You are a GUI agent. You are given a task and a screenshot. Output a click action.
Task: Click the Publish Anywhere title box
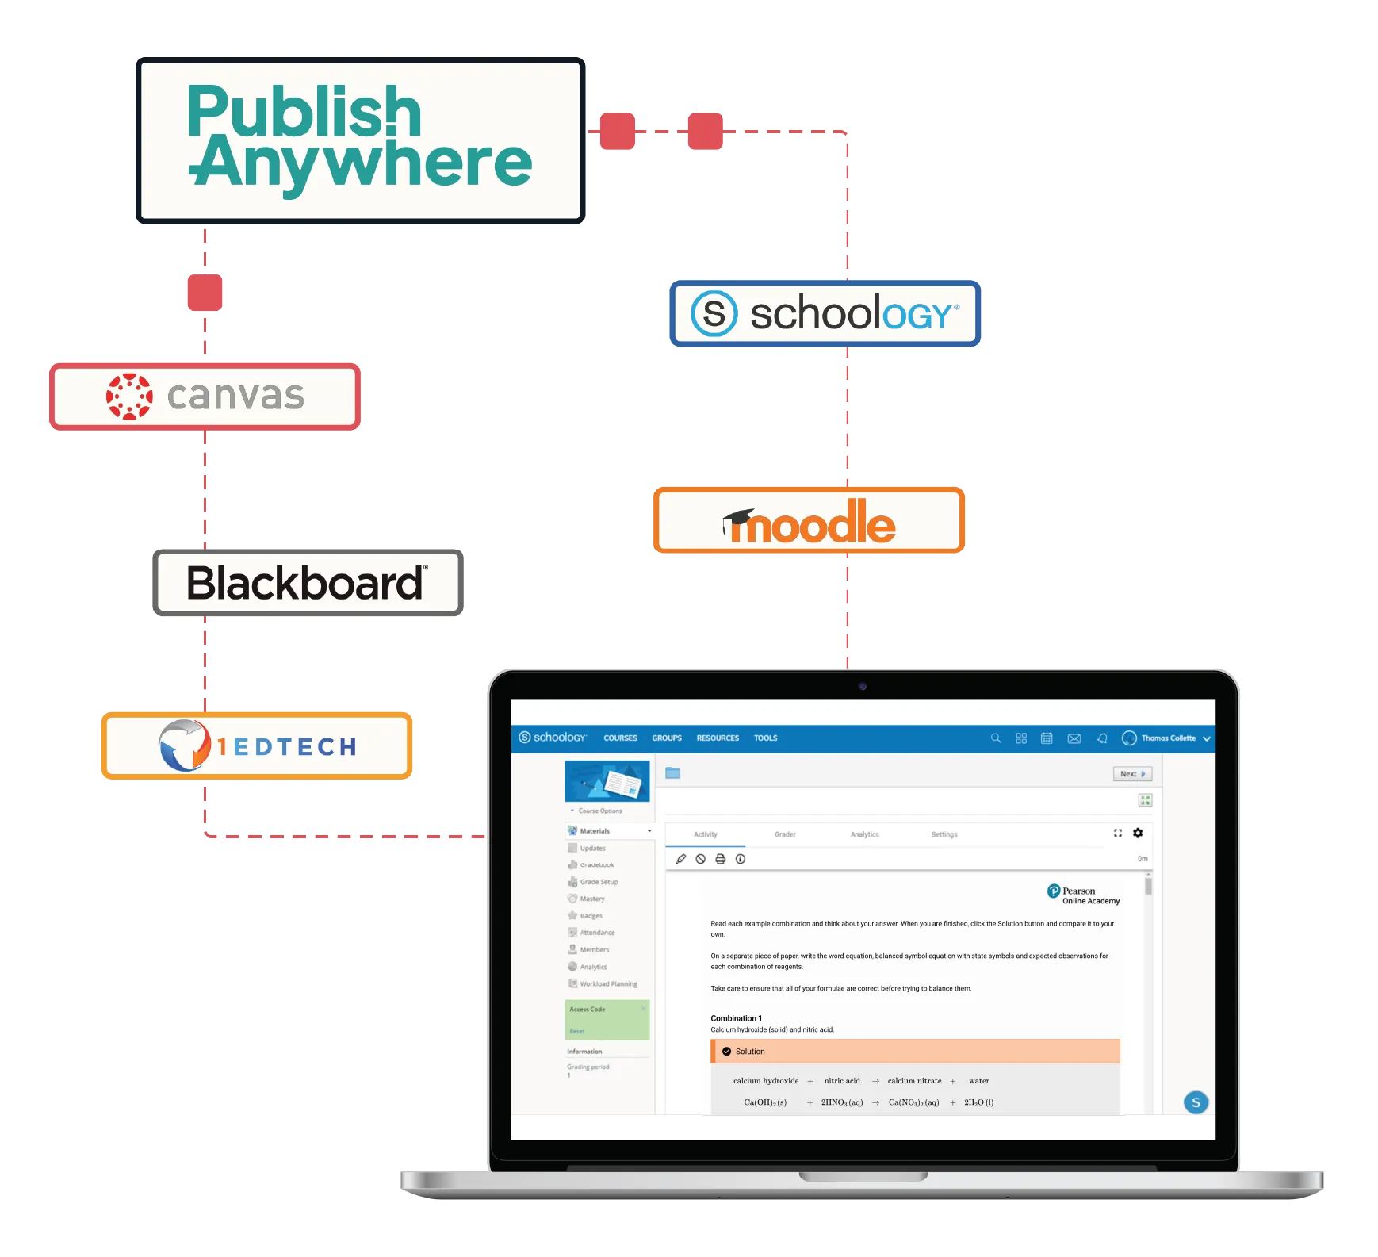[361, 141]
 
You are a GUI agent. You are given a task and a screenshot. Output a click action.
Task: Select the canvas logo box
[205, 396]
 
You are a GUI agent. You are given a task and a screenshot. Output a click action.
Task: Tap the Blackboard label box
[308, 583]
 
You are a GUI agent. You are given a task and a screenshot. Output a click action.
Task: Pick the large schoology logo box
[825, 313]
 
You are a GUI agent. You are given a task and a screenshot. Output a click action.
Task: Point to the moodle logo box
[809, 520]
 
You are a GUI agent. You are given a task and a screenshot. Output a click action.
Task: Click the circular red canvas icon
[129, 396]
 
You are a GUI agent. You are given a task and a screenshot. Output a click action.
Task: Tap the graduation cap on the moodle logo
[739, 518]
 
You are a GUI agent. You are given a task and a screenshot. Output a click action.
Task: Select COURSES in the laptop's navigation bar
[620, 738]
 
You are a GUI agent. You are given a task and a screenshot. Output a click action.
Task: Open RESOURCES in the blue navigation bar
[718, 738]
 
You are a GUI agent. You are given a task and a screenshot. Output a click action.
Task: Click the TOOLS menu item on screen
[765, 738]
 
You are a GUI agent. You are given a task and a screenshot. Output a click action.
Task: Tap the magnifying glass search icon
[996, 738]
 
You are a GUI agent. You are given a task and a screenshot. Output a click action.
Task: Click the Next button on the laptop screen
[1132, 774]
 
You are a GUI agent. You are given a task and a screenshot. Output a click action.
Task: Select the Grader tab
[785, 834]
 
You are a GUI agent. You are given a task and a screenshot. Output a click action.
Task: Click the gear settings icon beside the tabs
[1138, 833]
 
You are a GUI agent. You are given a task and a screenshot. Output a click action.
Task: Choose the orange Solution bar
[915, 1052]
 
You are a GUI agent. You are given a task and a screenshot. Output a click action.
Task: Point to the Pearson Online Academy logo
[1083, 895]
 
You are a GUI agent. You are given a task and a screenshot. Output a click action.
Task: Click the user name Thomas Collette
[1168, 738]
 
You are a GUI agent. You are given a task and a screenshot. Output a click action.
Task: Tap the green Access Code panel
[607, 1020]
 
